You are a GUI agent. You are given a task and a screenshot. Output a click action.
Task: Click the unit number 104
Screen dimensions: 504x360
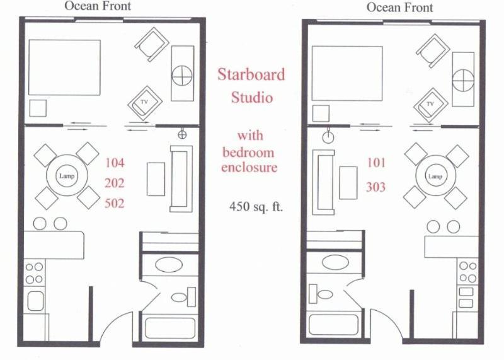[115, 163]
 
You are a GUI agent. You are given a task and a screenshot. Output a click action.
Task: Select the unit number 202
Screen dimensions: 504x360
[115, 183]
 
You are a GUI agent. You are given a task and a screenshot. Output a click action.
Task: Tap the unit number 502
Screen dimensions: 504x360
[115, 203]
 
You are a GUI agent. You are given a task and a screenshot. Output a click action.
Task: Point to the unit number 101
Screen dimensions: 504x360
[376, 163]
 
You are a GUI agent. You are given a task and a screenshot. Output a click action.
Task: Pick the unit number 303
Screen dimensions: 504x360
[375, 187]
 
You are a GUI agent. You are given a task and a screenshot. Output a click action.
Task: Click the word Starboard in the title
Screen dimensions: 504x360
[251, 74]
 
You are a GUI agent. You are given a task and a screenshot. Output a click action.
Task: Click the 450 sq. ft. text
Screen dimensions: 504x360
[256, 207]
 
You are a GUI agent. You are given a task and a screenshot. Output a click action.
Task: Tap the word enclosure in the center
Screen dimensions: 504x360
[249, 167]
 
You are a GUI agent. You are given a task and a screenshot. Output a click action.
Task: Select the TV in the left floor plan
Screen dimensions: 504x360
[145, 103]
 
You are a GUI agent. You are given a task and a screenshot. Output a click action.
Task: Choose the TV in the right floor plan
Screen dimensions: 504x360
[431, 105]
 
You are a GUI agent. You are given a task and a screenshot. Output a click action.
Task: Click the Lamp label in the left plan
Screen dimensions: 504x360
[67, 176]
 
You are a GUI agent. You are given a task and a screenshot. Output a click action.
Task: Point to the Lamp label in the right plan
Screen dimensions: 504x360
[435, 177]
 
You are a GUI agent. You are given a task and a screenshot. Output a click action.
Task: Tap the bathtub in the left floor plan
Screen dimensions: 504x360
[170, 328]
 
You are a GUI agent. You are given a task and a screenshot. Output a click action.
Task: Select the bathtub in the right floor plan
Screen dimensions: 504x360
[334, 324]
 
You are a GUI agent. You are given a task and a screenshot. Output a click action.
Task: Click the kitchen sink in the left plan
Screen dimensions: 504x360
[35, 301]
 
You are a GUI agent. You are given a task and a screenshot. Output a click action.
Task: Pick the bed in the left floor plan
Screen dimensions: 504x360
[65, 67]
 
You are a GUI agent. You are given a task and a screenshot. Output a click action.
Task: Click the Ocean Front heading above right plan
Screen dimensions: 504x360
[400, 8]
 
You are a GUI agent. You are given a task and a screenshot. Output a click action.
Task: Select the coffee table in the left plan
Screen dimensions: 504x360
[156, 179]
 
